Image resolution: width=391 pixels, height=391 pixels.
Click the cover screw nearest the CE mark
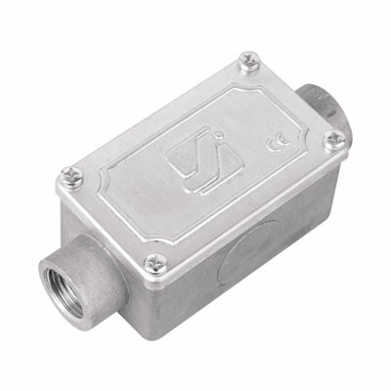pyautogui.click(x=333, y=140)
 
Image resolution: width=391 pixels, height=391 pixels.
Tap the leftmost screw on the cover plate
pyautogui.click(x=71, y=176)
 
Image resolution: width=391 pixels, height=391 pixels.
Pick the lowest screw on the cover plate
pyautogui.click(x=154, y=262)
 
